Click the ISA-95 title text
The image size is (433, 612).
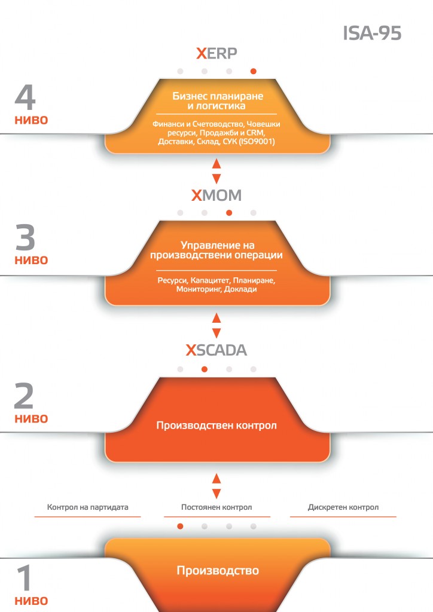click(x=372, y=33)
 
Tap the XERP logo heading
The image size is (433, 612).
click(x=216, y=53)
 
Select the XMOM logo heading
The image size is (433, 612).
click(x=216, y=195)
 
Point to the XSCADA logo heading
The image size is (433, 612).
click(x=216, y=350)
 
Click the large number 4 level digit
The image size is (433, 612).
click(x=25, y=97)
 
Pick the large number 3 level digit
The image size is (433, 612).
click(x=25, y=237)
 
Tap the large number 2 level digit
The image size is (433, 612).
click(x=24, y=396)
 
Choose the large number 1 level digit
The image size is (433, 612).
click(x=25, y=578)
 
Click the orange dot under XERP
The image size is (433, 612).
click(x=254, y=71)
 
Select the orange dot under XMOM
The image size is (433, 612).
click(x=229, y=213)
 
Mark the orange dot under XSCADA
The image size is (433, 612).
click(x=204, y=369)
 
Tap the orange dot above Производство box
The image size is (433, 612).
click(x=180, y=527)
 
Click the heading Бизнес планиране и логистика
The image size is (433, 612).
click(x=218, y=100)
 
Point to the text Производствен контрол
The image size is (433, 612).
click(x=216, y=425)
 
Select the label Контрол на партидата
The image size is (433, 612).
click(x=87, y=507)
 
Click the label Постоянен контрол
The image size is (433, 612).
click(x=216, y=507)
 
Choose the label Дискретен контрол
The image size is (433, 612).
click(x=343, y=507)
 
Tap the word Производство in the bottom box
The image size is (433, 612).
click(x=218, y=571)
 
